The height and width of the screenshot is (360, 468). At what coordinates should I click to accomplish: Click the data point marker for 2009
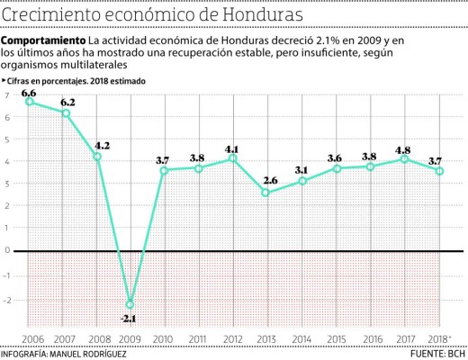point(130,304)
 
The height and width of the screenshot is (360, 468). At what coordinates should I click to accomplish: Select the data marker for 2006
point(30,102)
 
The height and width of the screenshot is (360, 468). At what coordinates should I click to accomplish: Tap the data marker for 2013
point(265,193)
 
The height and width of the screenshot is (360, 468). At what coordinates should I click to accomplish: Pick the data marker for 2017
point(404,159)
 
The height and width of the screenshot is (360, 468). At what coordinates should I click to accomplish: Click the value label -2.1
point(130,319)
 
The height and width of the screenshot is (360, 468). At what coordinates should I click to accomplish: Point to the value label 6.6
point(29,92)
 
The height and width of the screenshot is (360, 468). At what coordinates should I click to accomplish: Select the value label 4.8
point(403,149)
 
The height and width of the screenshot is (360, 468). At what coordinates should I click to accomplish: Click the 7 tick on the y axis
point(7,95)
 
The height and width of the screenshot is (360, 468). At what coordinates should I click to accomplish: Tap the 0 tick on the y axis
point(7,251)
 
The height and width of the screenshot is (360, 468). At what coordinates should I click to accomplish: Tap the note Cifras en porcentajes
point(52,82)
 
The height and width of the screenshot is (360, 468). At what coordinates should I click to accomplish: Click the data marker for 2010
point(164,170)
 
